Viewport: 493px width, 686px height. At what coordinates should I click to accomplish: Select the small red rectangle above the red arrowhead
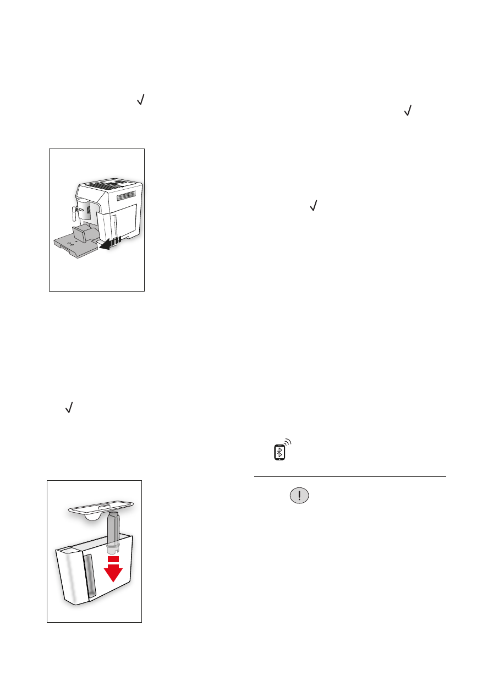point(113,559)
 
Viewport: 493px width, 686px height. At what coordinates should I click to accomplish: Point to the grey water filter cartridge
point(113,531)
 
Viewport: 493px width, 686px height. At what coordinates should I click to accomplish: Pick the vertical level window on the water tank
point(89,575)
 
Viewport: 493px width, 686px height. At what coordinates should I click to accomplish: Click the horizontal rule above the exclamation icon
point(349,477)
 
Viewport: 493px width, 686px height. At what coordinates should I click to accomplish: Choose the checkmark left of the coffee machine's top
point(141,100)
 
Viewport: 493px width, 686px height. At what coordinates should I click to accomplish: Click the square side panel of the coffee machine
point(125,219)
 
